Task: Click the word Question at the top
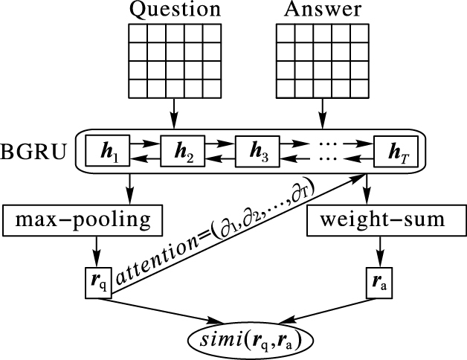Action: (175, 10)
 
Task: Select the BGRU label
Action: (34, 153)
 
